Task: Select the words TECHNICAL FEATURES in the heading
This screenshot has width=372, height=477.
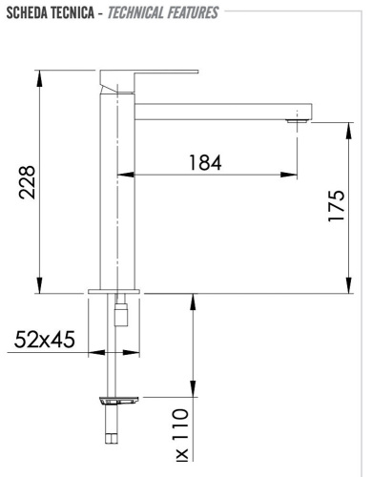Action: point(163,12)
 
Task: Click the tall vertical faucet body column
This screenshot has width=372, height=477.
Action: point(115,191)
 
